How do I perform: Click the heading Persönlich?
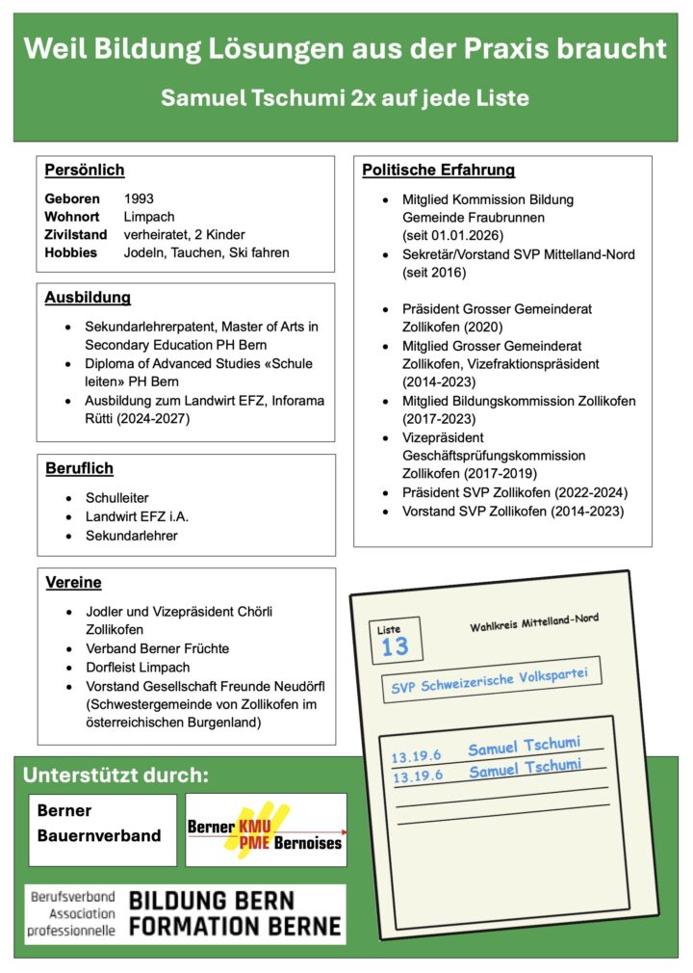click(x=85, y=171)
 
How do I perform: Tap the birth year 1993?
click(x=139, y=199)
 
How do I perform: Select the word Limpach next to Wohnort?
click(x=149, y=217)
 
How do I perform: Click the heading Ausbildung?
click(x=88, y=298)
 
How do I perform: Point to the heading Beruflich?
click(x=79, y=468)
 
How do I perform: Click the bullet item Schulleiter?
click(x=116, y=498)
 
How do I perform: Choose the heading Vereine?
click(x=73, y=582)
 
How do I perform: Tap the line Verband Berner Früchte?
click(x=157, y=648)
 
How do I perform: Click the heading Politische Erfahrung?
click(x=438, y=171)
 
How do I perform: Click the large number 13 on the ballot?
click(x=395, y=646)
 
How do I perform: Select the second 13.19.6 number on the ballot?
click(x=417, y=776)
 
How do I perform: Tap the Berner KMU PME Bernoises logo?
click(x=266, y=829)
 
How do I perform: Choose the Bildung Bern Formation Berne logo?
click(x=185, y=913)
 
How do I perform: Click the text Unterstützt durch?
click(x=115, y=776)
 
